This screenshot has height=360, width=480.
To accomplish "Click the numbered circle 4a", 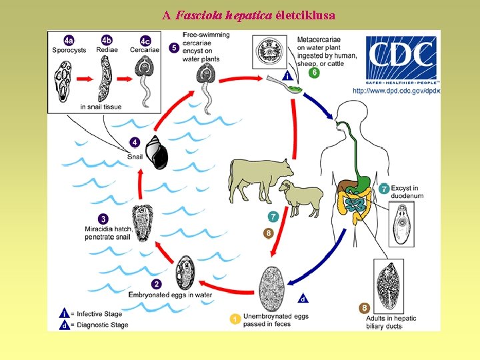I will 69,40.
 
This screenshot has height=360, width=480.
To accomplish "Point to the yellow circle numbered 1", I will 235,319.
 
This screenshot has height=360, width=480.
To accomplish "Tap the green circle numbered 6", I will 314,72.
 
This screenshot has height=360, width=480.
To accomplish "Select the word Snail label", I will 135,157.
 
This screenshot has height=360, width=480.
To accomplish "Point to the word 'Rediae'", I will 107,50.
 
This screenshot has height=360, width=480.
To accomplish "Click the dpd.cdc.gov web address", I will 396,91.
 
